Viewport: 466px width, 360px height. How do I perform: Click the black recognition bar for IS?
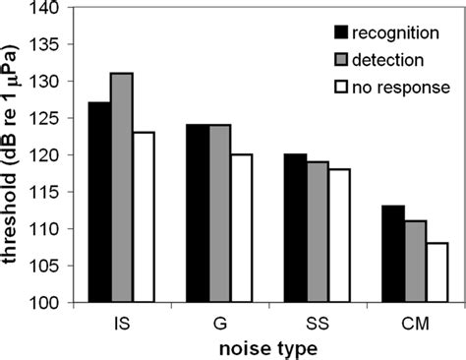(99, 202)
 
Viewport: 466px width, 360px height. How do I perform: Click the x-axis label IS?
(122, 321)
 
